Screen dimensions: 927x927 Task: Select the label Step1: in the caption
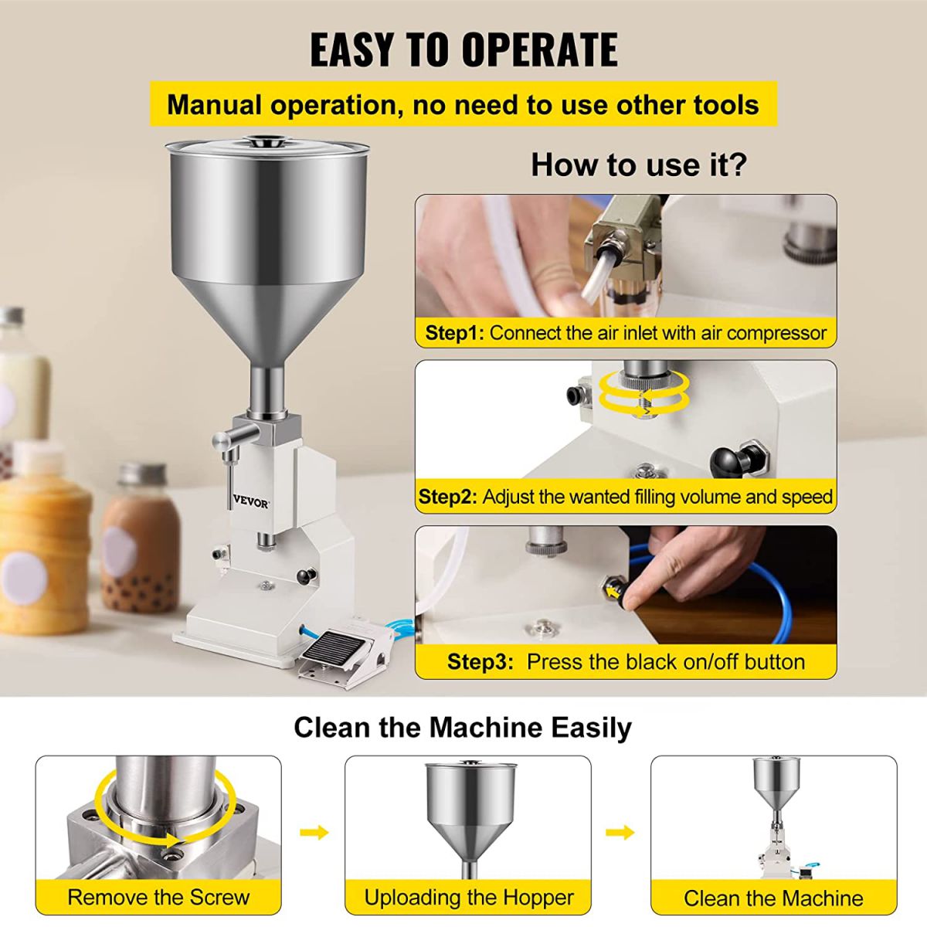pyautogui.click(x=454, y=333)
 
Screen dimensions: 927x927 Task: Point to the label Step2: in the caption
pyautogui.click(x=447, y=497)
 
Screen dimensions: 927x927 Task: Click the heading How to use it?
pyautogui.click(x=639, y=165)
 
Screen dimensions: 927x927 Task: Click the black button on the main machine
pyautogui.click(x=307, y=576)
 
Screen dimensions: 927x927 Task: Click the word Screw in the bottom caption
pyautogui.click(x=219, y=898)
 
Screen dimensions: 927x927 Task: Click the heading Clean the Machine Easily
pyautogui.click(x=462, y=728)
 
